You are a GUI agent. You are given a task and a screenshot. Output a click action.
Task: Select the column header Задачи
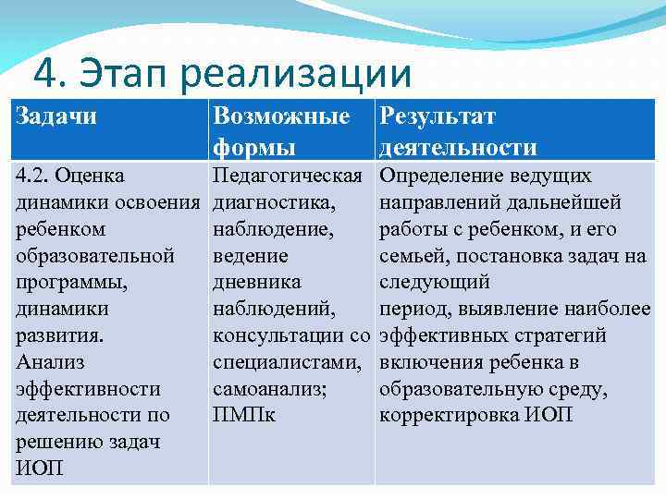57,116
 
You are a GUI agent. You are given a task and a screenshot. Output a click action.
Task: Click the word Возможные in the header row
281,116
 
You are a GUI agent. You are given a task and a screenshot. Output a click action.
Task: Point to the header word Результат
438,116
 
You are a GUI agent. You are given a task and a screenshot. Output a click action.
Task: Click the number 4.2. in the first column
36,176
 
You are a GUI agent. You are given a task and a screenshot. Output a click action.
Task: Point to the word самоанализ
269,388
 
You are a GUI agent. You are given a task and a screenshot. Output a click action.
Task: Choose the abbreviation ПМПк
244,415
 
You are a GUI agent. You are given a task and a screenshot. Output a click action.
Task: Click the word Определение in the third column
442,176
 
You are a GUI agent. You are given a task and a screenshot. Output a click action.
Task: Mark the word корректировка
446,415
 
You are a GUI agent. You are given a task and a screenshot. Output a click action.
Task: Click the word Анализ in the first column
49,361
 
